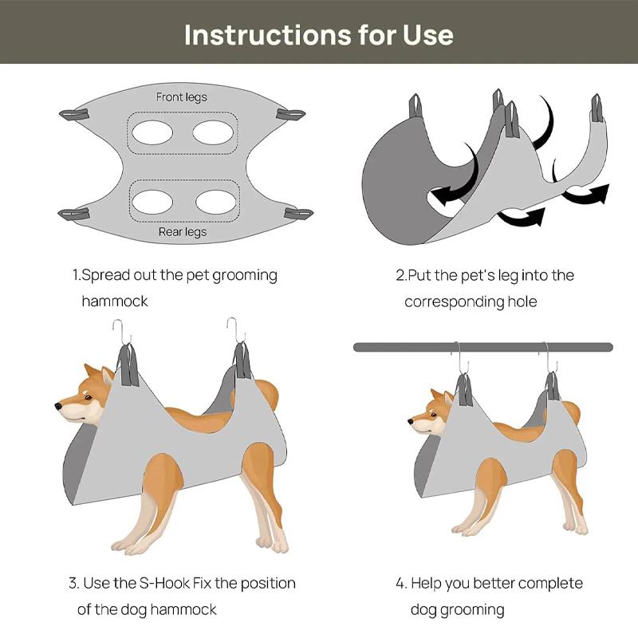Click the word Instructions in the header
tap(268, 35)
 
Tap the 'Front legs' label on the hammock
tap(182, 97)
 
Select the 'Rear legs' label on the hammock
tap(183, 232)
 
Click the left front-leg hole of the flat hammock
tap(152, 132)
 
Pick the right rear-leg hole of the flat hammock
tap(215, 202)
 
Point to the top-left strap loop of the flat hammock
tap(74, 114)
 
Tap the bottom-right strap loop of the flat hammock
tap(298, 213)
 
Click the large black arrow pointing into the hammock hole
tap(457, 179)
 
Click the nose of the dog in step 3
tap(58, 406)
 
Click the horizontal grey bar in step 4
tap(483, 348)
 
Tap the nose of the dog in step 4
tap(411, 422)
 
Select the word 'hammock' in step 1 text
tap(115, 301)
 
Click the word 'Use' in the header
tap(428, 35)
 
